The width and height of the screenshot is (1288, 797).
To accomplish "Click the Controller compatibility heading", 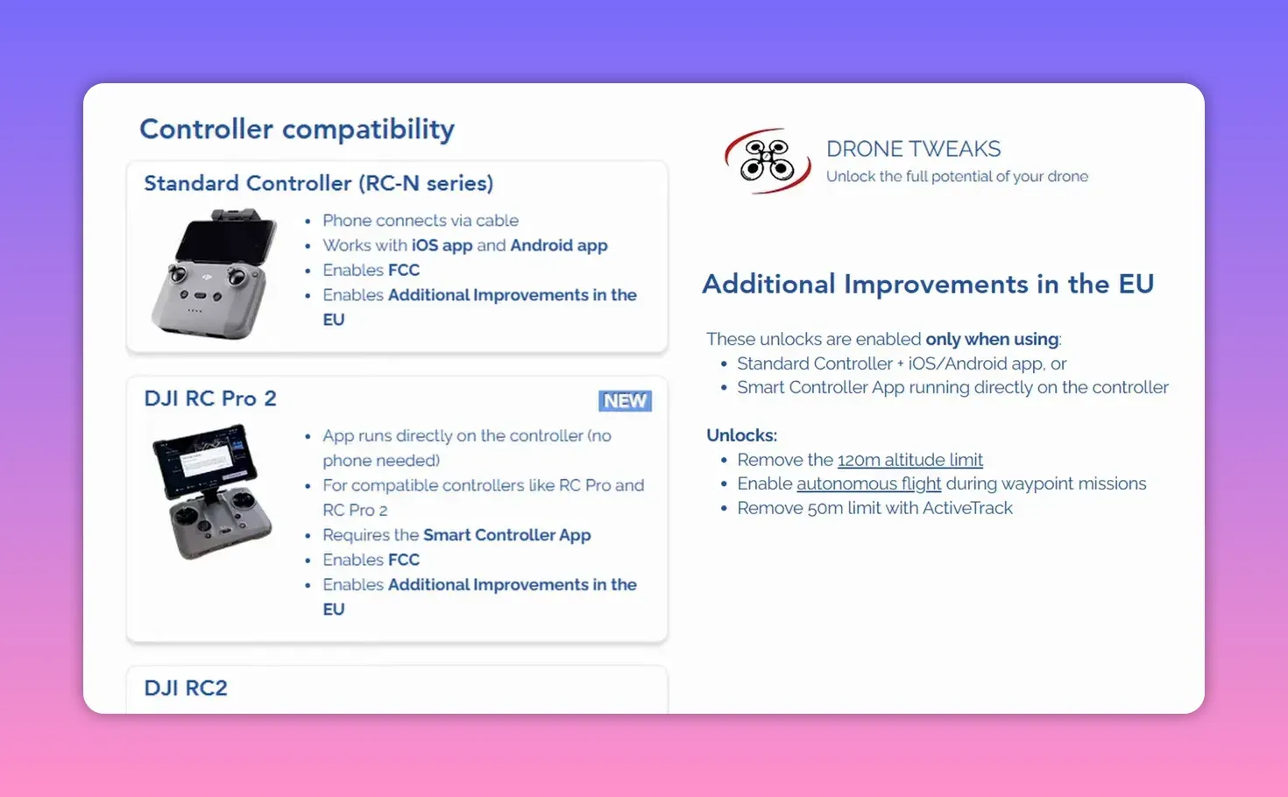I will [x=297, y=130].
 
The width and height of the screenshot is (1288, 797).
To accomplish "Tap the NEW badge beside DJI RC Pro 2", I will [x=625, y=401].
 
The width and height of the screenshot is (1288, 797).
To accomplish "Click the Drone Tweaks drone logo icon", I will [x=768, y=161].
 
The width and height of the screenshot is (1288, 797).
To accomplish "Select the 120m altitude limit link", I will [x=909, y=460].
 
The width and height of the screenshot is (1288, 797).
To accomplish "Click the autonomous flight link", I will [x=868, y=483].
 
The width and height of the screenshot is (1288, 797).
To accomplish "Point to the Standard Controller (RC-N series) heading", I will [x=318, y=183].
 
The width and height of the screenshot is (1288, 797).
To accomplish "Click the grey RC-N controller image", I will [x=214, y=273].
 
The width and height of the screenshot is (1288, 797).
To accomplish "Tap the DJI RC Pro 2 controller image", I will [x=213, y=490].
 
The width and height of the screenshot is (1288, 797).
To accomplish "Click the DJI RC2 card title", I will [x=186, y=688].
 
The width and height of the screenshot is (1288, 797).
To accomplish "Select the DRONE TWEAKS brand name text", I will [x=913, y=149].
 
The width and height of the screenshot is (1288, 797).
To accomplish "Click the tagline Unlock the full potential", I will [x=957, y=177].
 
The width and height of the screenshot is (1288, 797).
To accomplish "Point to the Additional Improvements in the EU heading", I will [x=928, y=285].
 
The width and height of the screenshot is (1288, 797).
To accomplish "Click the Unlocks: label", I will [x=741, y=435].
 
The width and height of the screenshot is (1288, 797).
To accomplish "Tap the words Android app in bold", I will [x=558, y=245].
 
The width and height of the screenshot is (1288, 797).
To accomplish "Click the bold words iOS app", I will [x=442, y=245].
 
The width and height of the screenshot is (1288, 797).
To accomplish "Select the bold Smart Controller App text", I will [x=506, y=535].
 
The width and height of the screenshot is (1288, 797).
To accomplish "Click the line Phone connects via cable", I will [x=420, y=221].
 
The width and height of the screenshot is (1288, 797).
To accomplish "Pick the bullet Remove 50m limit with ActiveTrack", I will [x=874, y=508].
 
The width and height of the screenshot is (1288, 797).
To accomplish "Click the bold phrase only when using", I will [x=992, y=339].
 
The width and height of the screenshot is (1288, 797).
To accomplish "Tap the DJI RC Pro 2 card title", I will [x=210, y=398].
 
